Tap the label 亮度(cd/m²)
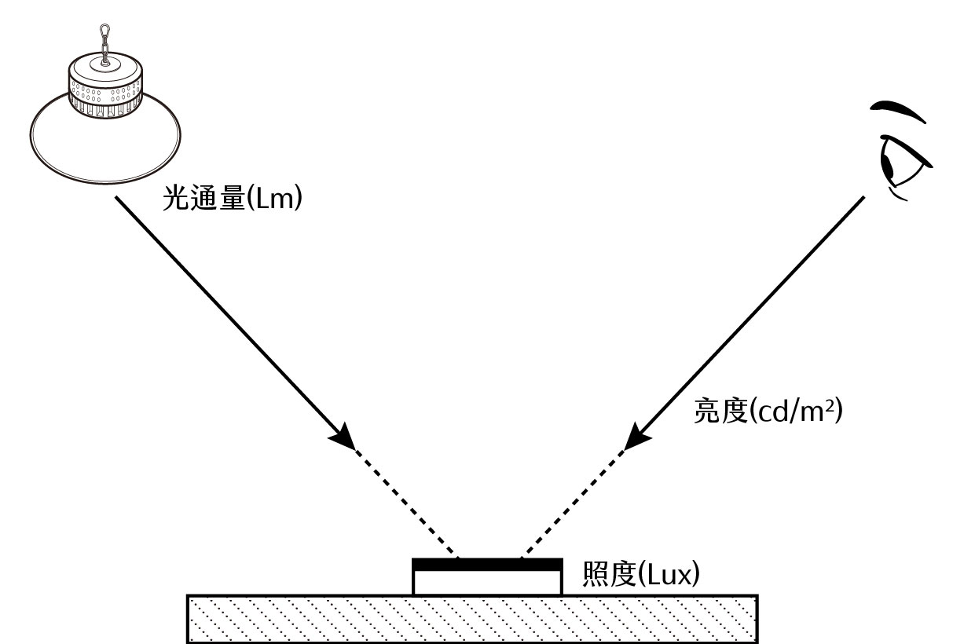pos(768,411)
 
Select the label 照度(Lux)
pos(640,575)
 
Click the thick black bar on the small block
pos(487,564)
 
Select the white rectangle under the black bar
pos(487,582)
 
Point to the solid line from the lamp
pos(228,314)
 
